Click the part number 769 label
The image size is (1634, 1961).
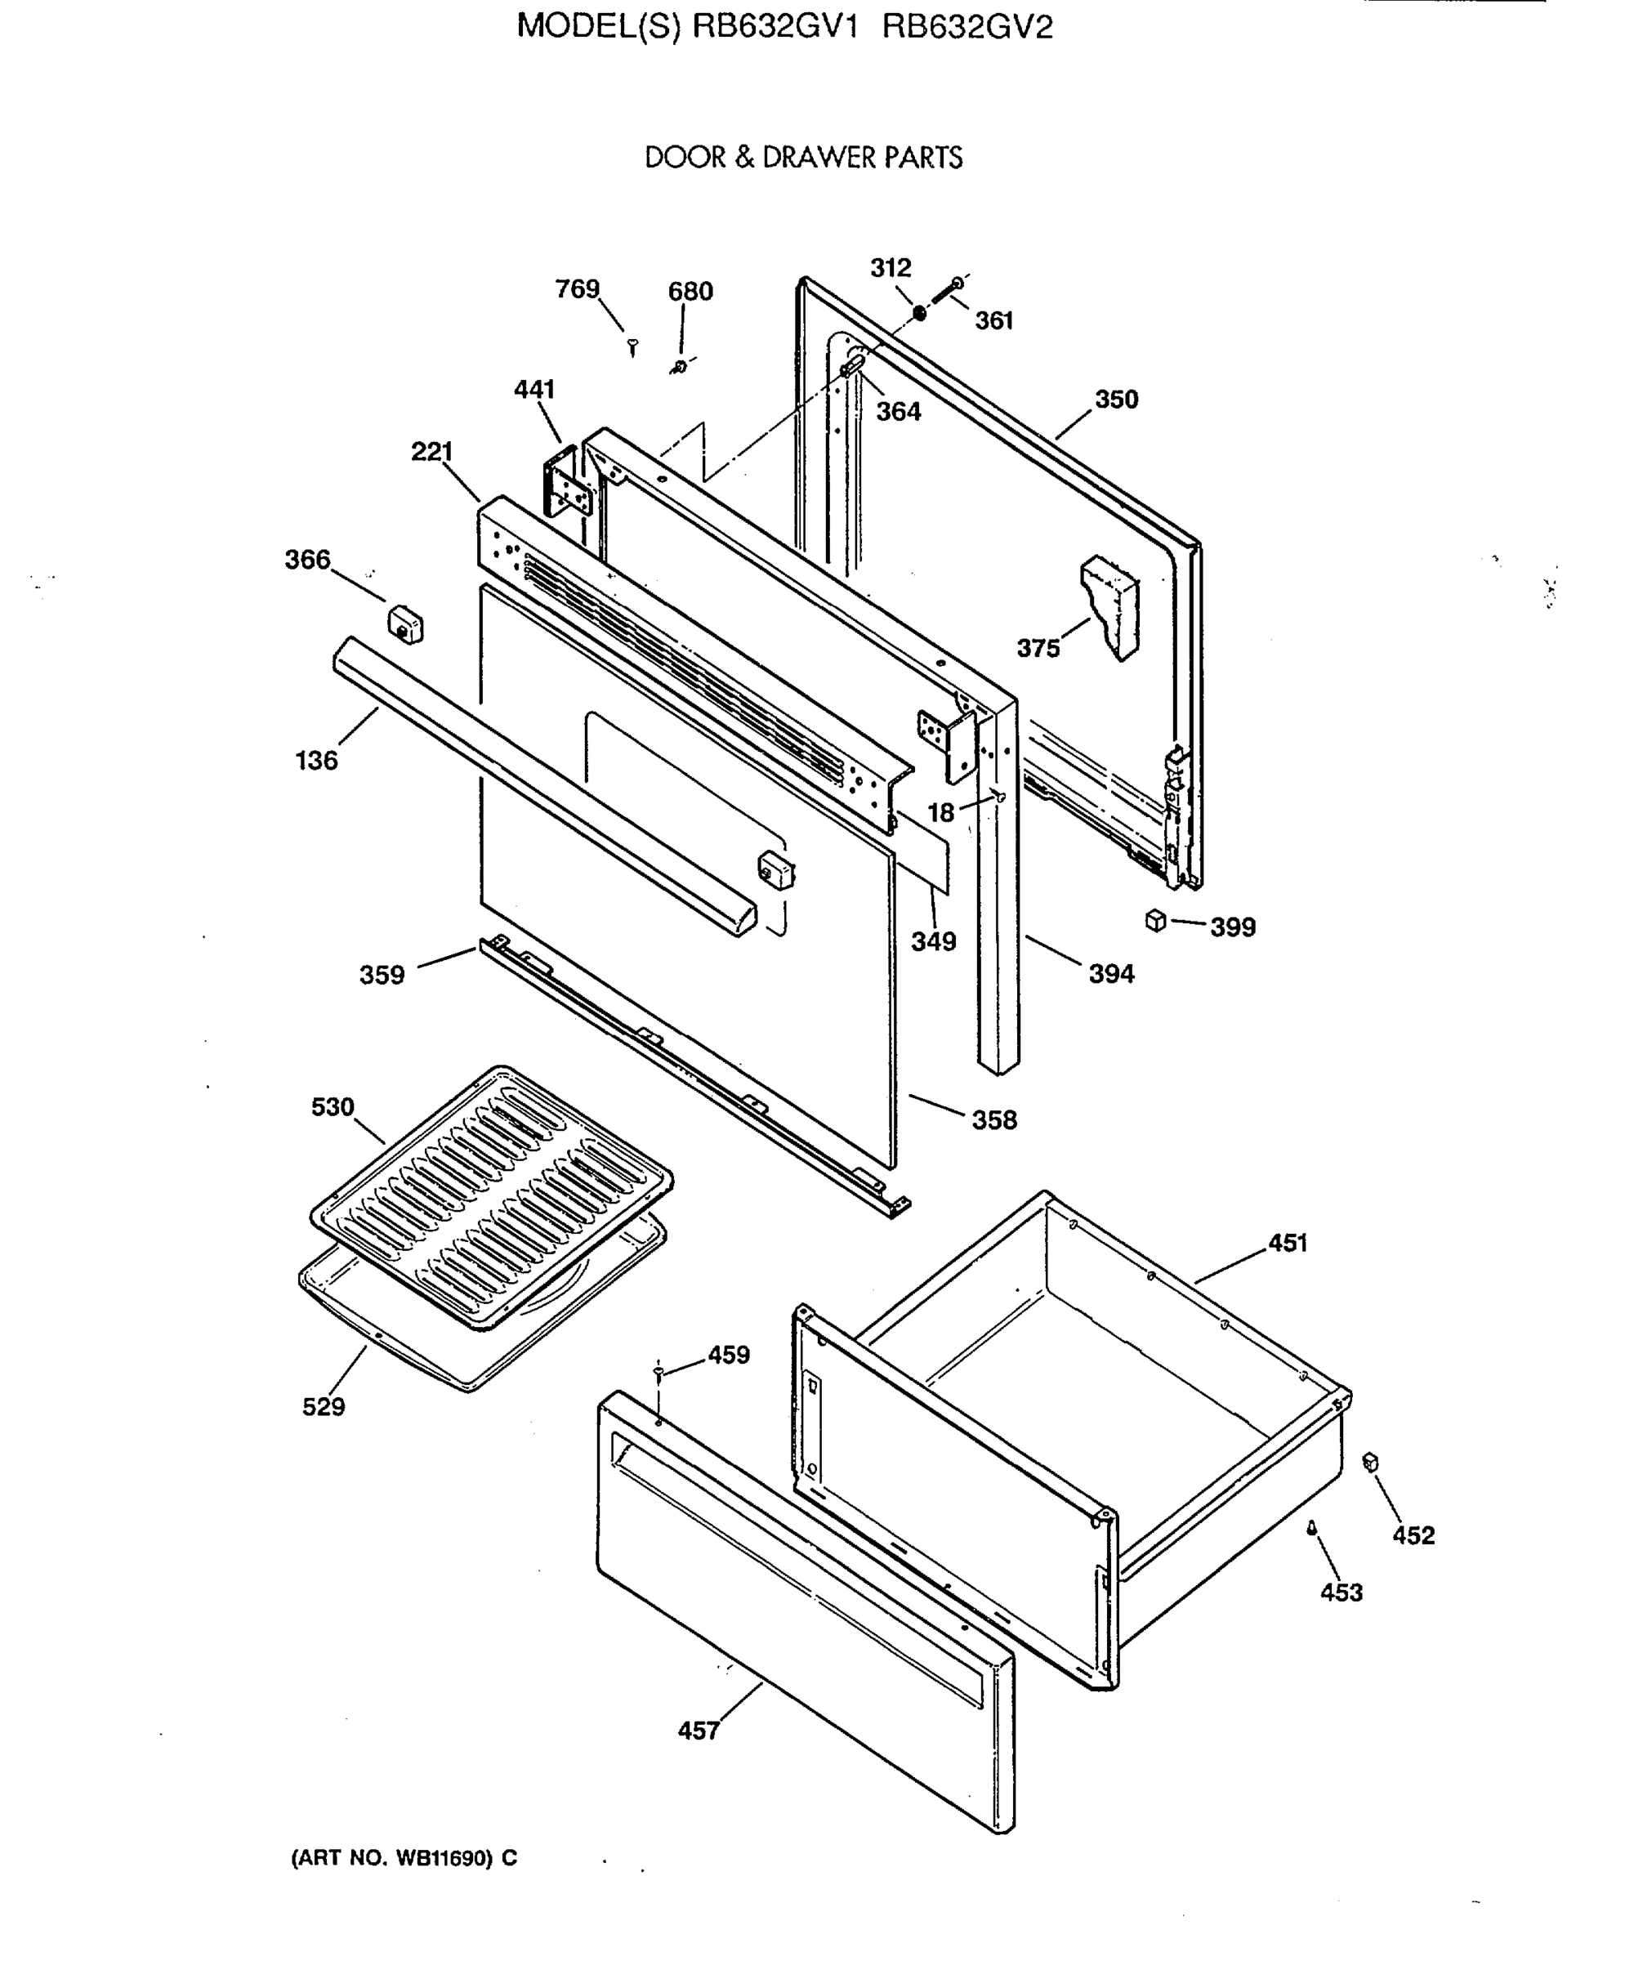[x=577, y=289]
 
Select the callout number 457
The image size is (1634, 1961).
[x=699, y=1731]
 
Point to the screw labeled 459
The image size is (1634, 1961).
[x=659, y=1371]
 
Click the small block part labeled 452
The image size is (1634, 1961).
[x=1371, y=1463]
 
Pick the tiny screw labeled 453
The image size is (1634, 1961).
[x=1311, y=1528]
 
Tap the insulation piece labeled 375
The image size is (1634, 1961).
[x=1111, y=607]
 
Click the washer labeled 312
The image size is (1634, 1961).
[x=919, y=312]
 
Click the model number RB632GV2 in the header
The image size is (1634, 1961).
[x=967, y=27]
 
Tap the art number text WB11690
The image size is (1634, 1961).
[x=444, y=1858]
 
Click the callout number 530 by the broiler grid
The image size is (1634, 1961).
[x=333, y=1107]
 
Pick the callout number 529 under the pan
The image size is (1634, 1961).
[x=323, y=1406]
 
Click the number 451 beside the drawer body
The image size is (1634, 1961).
[x=1288, y=1243]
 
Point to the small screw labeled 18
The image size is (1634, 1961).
[x=999, y=796]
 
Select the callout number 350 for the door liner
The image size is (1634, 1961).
[x=1117, y=400]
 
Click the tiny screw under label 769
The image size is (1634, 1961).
[x=633, y=347]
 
